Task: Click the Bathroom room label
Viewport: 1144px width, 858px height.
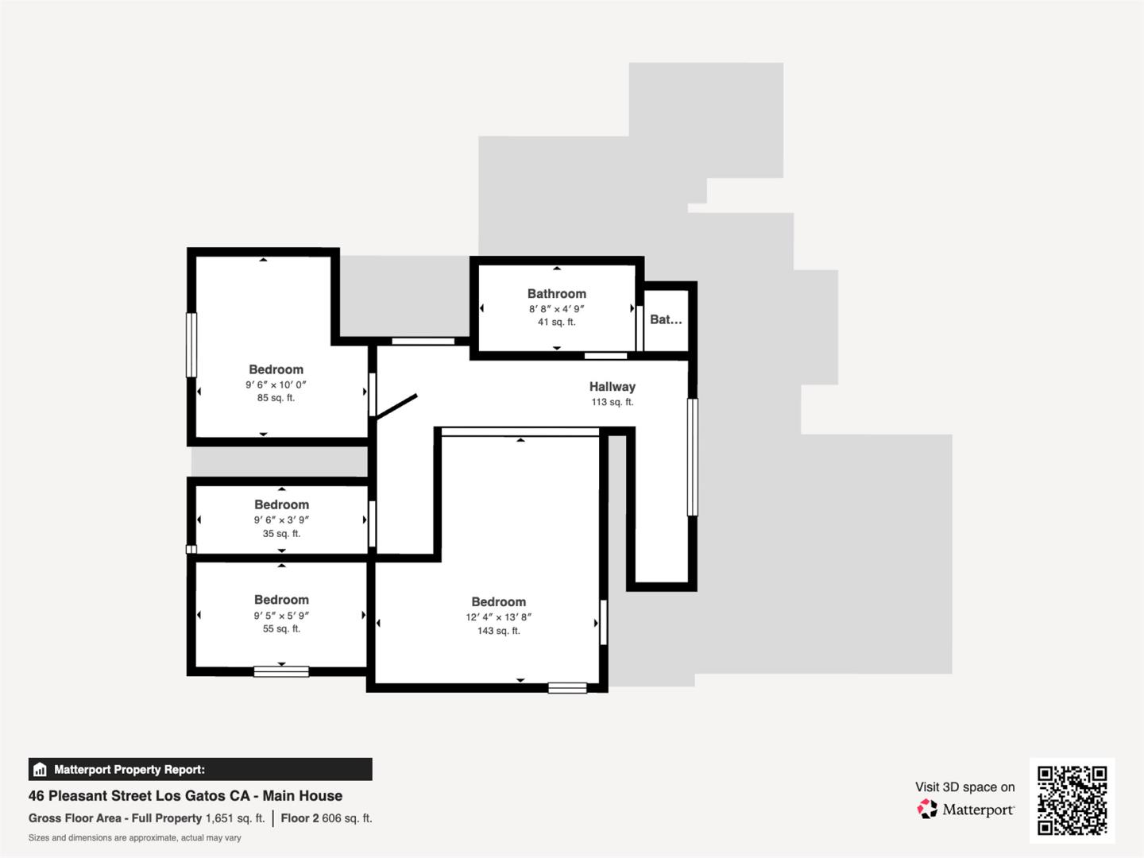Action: click(x=556, y=294)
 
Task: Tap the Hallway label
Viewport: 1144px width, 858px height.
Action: click(x=612, y=387)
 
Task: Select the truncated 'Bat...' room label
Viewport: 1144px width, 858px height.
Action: click(x=666, y=319)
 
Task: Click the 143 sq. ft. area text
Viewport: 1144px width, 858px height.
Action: click(x=498, y=631)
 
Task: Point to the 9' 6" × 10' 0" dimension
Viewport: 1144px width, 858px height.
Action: click(x=276, y=385)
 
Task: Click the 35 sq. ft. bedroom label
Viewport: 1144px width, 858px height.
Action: click(x=281, y=504)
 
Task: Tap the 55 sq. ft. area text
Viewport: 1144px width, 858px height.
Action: click(x=281, y=628)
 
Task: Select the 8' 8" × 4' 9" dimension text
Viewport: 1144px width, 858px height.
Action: click(x=556, y=309)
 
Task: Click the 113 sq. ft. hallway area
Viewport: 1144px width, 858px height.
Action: click(x=612, y=402)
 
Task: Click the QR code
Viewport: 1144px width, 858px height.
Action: click(x=1072, y=800)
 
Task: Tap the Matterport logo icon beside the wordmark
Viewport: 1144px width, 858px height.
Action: click(x=927, y=809)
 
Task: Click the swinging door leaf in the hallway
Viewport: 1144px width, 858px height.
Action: click(x=396, y=406)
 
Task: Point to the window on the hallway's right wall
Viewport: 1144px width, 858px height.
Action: click(x=692, y=457)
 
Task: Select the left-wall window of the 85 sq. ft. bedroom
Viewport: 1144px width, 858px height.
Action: click(x=191, y=345)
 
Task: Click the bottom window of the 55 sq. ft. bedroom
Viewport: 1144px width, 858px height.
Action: click(x=281, y=671)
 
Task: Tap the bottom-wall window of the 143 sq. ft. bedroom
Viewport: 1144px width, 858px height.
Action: click(x=567, y=688)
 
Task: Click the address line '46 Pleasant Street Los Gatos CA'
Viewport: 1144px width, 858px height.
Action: click(x=185, y=796)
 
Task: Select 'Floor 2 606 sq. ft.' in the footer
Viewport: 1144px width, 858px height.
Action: click(x=326, y=818)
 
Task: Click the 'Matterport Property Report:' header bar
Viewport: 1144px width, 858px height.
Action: click(x=200, y=769)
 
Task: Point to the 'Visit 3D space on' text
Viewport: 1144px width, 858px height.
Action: click(x=964, y=787)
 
